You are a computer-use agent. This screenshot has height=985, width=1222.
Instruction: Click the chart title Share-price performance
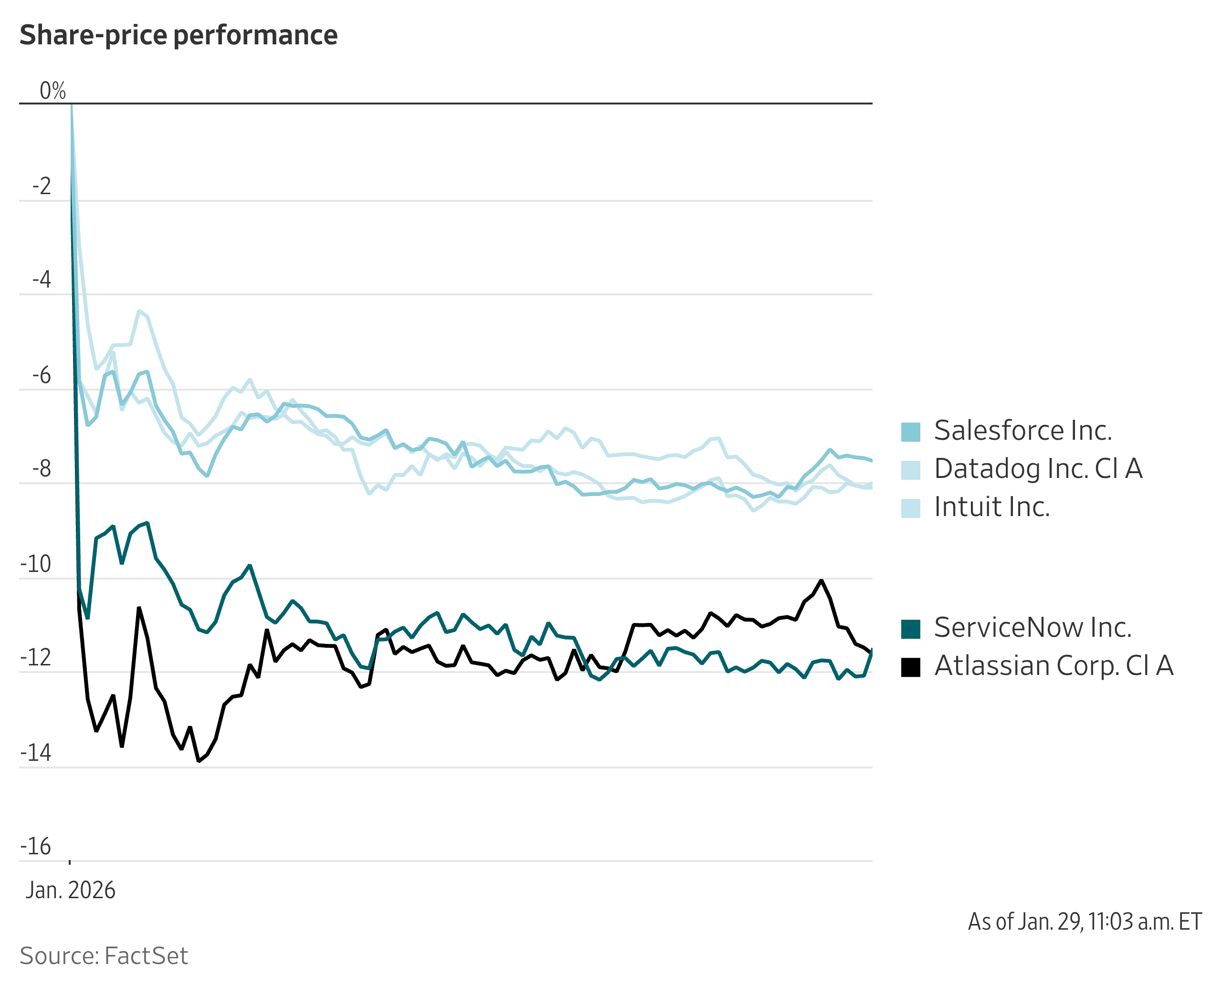(x=179, y=35)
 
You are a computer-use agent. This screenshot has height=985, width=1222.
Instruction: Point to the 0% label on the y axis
(x=52, y=91)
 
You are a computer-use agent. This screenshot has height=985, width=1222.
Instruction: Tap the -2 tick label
(x=41, y=186)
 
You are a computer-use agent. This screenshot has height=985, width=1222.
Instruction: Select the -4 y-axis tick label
(x=41, y=280)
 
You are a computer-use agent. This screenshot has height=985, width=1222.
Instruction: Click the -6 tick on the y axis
(x=41, y=375)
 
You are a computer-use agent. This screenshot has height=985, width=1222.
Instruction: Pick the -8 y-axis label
(x=41, y=469)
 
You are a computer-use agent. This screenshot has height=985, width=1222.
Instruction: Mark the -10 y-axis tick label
(x=35, y=564)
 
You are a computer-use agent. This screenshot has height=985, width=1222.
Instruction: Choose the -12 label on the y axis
(x=35, y=658)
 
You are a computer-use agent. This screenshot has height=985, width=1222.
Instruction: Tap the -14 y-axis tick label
(x=35, y=753)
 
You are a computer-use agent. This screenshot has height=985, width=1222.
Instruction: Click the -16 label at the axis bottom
(x=35, y=847)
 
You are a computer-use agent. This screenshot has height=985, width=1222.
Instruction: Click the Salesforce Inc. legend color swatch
(x=910, y=432)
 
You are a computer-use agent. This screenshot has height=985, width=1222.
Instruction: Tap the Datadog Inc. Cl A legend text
(x=1038, y=469)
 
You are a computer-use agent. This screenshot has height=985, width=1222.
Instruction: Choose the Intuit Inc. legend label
(x=991, y=507)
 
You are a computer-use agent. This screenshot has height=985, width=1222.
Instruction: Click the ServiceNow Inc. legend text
(x=1033, y=628)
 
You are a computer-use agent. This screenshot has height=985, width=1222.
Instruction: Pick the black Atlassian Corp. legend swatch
(x=910, y=667)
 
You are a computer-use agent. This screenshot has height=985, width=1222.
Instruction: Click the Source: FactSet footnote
(x=104, y=956)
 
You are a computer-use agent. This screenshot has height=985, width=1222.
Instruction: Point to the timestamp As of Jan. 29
(x=1084, y=922)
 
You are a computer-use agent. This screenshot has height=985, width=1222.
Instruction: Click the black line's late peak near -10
(x=821, y=581)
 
